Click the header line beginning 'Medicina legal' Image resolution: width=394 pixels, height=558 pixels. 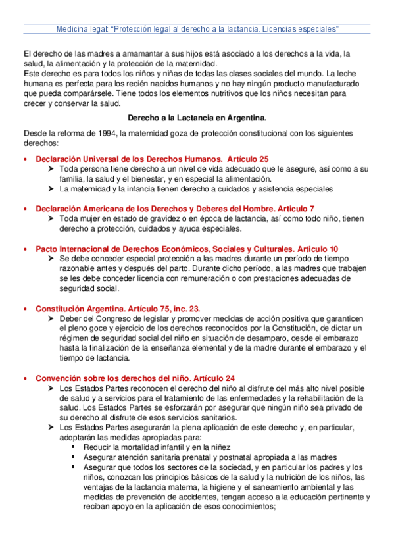click(x=197, y=30)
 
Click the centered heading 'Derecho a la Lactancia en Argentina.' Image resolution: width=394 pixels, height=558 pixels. click(x=197, y=118)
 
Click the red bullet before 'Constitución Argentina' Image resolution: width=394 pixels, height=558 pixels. click(x=26, y=309)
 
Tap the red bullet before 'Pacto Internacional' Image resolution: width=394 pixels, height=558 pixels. click(x=26, y=249)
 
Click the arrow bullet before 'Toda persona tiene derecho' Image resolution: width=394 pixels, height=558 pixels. click(x=51, y=169)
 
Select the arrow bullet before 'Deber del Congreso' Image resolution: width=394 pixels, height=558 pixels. click(x=51, y=318)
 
